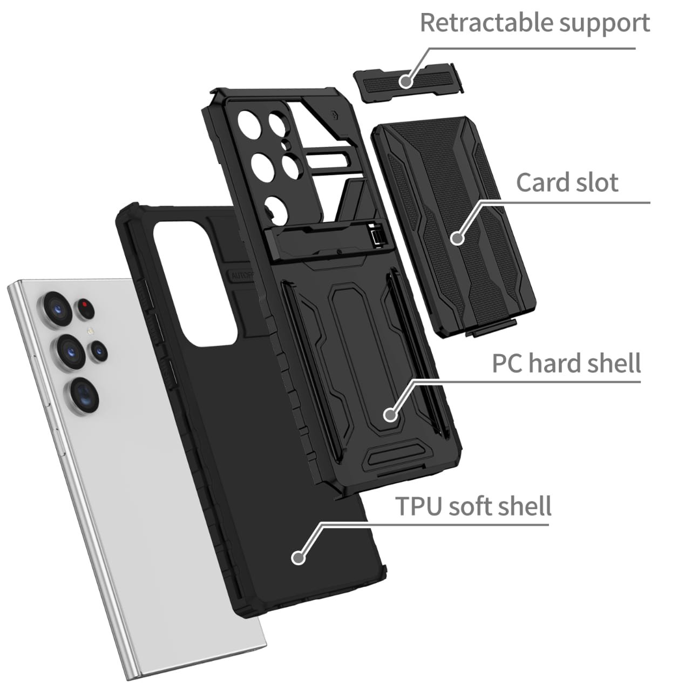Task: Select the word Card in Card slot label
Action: pos(542,182)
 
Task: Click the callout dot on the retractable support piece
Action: pos(406,82)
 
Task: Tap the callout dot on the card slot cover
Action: pos(457,238)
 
